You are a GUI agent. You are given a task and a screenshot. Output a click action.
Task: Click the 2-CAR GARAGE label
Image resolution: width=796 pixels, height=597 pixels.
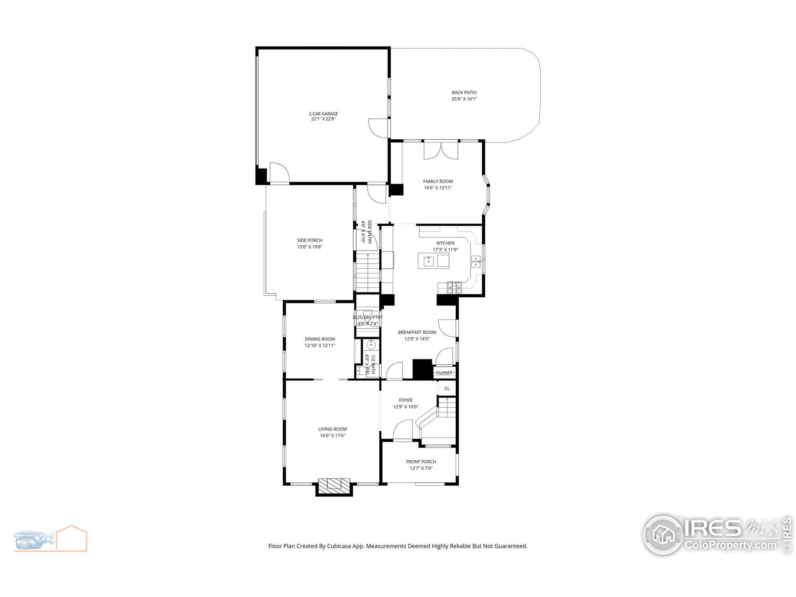click(323, 114)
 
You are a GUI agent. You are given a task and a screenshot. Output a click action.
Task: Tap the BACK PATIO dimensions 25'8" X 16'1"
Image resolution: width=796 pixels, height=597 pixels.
click(464, 99)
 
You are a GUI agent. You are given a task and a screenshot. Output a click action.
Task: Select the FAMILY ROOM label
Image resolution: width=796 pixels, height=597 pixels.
click(437, 181)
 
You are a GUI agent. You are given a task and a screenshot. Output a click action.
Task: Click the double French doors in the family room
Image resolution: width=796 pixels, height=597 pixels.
click(441, 150)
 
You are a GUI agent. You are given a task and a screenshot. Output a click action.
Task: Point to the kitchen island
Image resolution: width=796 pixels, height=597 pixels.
click(433, 261)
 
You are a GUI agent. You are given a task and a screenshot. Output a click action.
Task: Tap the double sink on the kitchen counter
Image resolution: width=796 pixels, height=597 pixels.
click(475, 261)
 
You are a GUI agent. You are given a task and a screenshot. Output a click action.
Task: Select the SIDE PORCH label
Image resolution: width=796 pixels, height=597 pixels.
click(309, 240)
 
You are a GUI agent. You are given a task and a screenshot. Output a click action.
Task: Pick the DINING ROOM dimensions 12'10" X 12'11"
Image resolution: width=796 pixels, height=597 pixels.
click(320, 345)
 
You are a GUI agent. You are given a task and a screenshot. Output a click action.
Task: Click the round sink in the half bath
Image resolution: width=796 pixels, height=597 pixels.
click(371, 345)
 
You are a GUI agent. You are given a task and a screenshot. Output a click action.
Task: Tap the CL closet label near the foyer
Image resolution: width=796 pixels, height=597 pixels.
click(447, 388)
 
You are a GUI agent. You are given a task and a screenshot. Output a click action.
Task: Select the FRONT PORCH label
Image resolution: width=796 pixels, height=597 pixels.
click(421, 462)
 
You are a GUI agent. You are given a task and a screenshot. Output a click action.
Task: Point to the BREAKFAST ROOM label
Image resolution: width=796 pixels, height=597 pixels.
click(417, 332)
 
